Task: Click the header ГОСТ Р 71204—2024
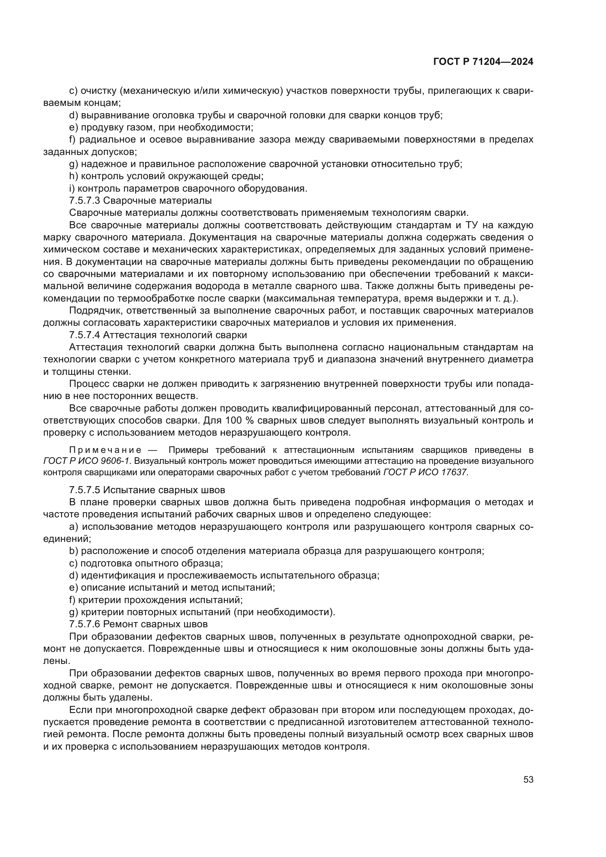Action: click(483, 62)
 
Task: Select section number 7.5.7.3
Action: click(85, 201)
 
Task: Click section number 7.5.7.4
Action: click(85, 335)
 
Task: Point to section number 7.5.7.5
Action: click(85, 490)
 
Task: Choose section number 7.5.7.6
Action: click(85, 624)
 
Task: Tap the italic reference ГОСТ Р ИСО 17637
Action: click(425, 473)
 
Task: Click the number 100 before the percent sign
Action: click(233, 421)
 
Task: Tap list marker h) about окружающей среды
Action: click(73, 176)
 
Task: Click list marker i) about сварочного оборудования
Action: click(72, 188)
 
